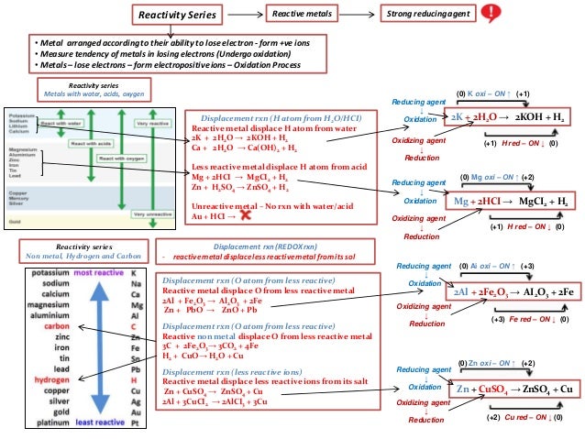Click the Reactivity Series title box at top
pyautogui.click(x=177, y=16)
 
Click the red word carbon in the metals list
pyautogui.click(x=57, y=325)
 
